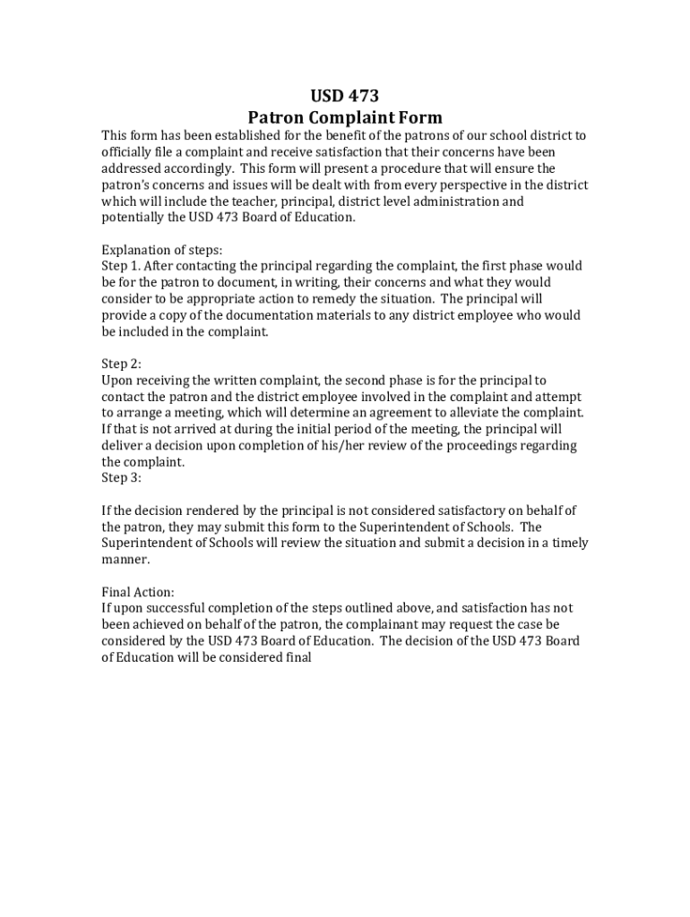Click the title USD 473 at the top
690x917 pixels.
[345, 97]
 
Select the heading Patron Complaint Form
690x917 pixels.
[345, 117]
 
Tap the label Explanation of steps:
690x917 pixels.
[162, 250]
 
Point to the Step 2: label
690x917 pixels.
[121, 364]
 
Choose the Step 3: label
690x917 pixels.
[121, 478]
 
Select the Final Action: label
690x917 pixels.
[138, 592]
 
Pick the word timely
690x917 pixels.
[571, 544]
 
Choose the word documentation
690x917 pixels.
[248, 315]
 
